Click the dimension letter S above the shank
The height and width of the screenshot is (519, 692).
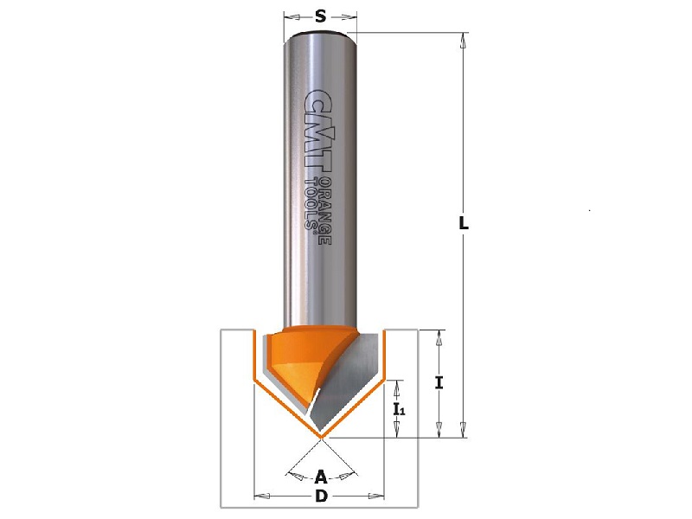pyautogui.click(x=320, y=16)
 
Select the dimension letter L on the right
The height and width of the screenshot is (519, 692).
pyautogui.click(x=464, y=222)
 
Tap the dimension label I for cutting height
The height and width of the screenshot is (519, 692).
pyautogui.click(x=440, y=382)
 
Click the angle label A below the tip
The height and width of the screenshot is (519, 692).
pyautogui.click(x=320, y=477)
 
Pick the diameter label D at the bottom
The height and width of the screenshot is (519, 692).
pyautogui.click(x=320, y=497)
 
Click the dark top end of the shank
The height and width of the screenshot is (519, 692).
pyautogui.click(x=320, y=34)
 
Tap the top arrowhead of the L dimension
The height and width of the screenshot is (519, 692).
pyautogui.click(x=464, y=39)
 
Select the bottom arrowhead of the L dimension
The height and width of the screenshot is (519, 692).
pyautogui.click(x=464, y=432)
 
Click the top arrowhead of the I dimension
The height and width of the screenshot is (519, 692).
pyautogui.click(x=440, y=336)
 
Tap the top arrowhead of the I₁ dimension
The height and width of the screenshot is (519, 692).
pyautogui.click(x=399, y=385)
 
